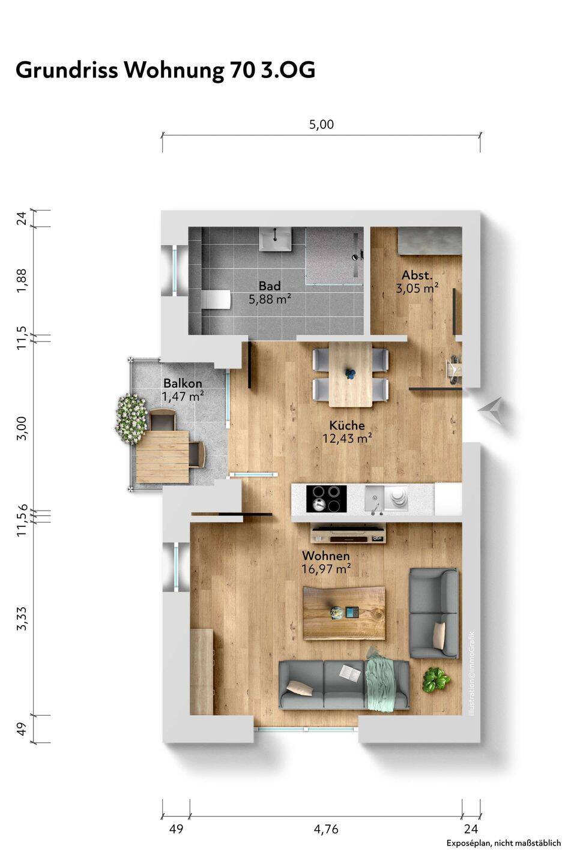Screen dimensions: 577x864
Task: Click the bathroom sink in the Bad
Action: (x=275, y=239)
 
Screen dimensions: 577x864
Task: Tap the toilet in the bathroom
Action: (x=216, y=300)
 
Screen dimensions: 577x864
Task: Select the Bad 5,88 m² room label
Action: (x=270, y=292)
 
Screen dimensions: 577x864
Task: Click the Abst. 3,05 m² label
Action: (x=417, y=281)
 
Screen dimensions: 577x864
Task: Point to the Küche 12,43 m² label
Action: (x=347, y=431)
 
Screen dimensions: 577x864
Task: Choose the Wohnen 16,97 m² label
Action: (x=326, y=562)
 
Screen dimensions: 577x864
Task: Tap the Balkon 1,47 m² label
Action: (x=183, y=389)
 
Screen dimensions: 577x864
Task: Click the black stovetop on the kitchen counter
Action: (x=326, y=499)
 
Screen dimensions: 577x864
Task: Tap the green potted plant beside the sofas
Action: (x=436, y=679)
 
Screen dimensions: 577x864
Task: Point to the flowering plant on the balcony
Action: (x=131, y=419)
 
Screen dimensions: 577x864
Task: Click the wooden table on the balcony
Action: (x=162, y=457)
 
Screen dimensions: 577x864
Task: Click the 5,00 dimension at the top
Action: (x=321, y=124)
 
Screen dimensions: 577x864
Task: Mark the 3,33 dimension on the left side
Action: (x=22, y=619)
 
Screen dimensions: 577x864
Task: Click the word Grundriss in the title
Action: (x=67, y=71)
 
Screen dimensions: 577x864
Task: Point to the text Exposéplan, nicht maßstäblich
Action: (x=504, y=854)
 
